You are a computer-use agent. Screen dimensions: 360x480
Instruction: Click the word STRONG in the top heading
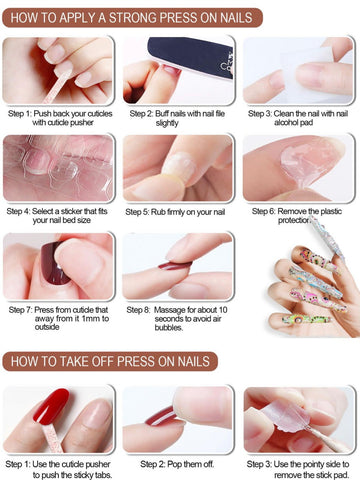[x=132, y=18]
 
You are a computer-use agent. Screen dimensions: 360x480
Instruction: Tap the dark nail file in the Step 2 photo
[x=191, y=56]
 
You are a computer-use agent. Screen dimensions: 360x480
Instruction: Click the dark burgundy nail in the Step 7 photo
[x=54, y=264]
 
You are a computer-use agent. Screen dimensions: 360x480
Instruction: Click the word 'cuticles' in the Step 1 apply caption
[x=97, y=114]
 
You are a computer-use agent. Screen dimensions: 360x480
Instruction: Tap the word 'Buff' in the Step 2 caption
[x=162, y=114]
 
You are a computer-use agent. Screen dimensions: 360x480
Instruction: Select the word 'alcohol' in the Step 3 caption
[x=286, y=123]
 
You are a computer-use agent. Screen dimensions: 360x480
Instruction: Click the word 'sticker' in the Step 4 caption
[x=69, y=211]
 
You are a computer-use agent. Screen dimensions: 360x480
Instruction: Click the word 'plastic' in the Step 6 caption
[x=331, y=211]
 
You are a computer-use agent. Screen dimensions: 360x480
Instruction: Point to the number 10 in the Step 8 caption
[x=223, y=310]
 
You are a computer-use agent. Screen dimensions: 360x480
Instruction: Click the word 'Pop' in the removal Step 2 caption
[x=174, y=464]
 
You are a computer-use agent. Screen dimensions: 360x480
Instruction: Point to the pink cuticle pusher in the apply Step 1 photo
[x=57, y=87]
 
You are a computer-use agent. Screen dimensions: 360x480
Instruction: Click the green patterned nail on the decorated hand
[x=307, y=319]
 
